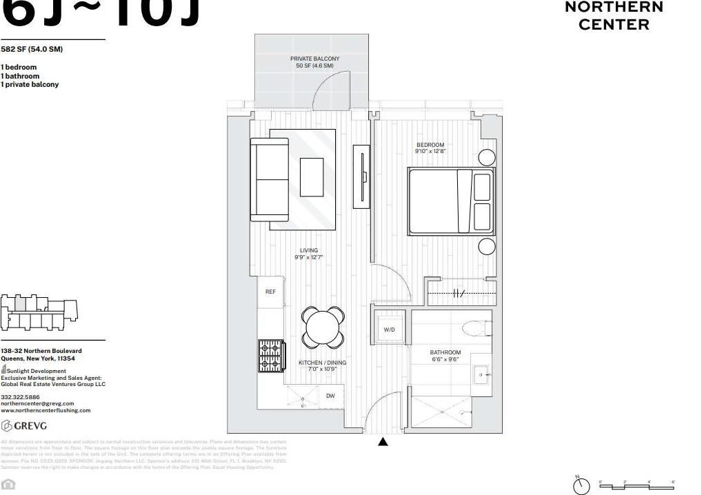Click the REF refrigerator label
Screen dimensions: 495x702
point(270,292)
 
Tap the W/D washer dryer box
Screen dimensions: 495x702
point(390,330)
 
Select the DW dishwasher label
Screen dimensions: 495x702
point(330,396)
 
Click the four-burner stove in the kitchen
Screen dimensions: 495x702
point(271,356)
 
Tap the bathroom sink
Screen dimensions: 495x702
point(480,375)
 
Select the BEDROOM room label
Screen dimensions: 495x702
point(430,145)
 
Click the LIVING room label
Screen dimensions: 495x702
point(308,251)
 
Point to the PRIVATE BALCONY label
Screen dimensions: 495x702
point(314,59)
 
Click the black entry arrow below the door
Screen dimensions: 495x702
point(383,442)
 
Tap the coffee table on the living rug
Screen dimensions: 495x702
point(312,176)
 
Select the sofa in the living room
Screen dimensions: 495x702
point(269,179)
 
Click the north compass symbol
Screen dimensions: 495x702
point(581,485)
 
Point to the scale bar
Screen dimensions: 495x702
point(638,485)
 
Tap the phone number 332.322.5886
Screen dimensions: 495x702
point(20,397)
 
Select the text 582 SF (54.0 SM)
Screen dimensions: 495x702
point(32,50)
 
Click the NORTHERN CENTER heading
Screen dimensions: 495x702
point(614,16)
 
